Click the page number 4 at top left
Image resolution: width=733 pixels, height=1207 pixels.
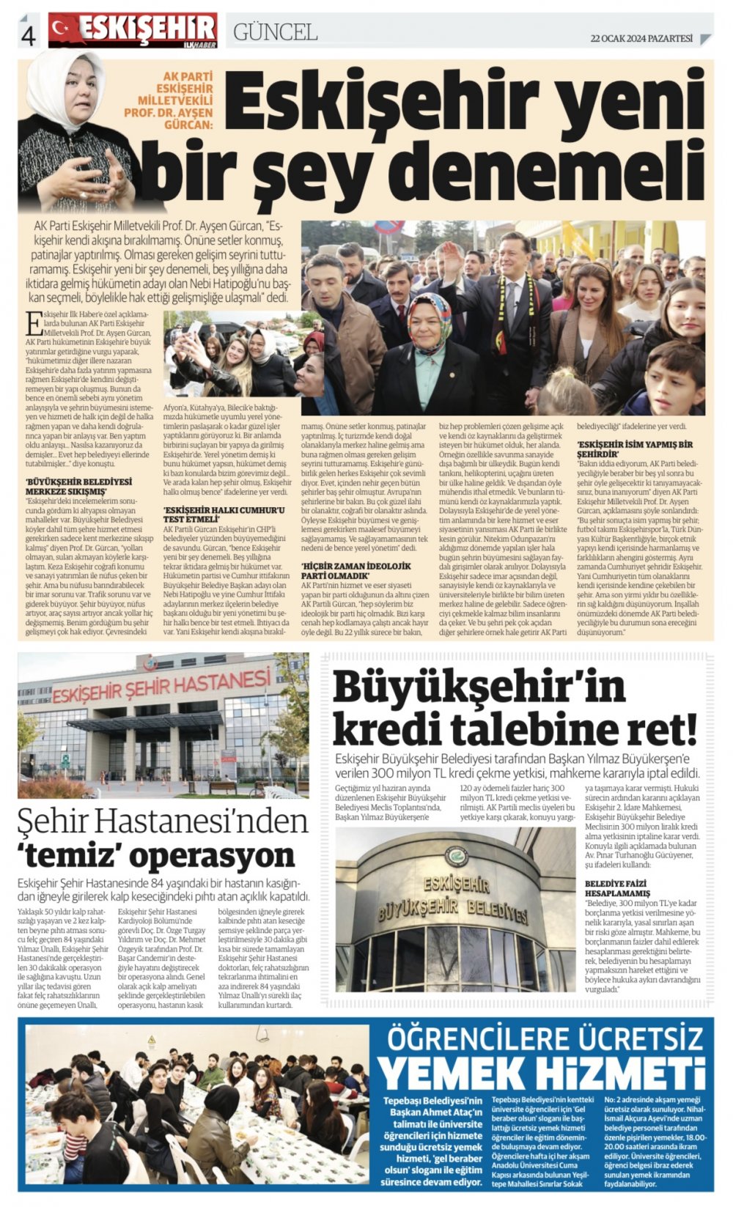pos(29,34)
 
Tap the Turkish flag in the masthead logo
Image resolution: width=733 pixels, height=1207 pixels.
pos(64,29)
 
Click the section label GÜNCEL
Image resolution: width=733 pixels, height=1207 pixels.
pos(275,32)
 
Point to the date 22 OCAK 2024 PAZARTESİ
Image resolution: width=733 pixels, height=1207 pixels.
pos(641,39)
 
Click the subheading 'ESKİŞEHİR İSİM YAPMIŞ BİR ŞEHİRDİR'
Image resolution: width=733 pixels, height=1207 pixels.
pos(635,449)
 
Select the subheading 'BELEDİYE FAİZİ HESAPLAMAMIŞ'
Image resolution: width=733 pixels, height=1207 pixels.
pos(617,888)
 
